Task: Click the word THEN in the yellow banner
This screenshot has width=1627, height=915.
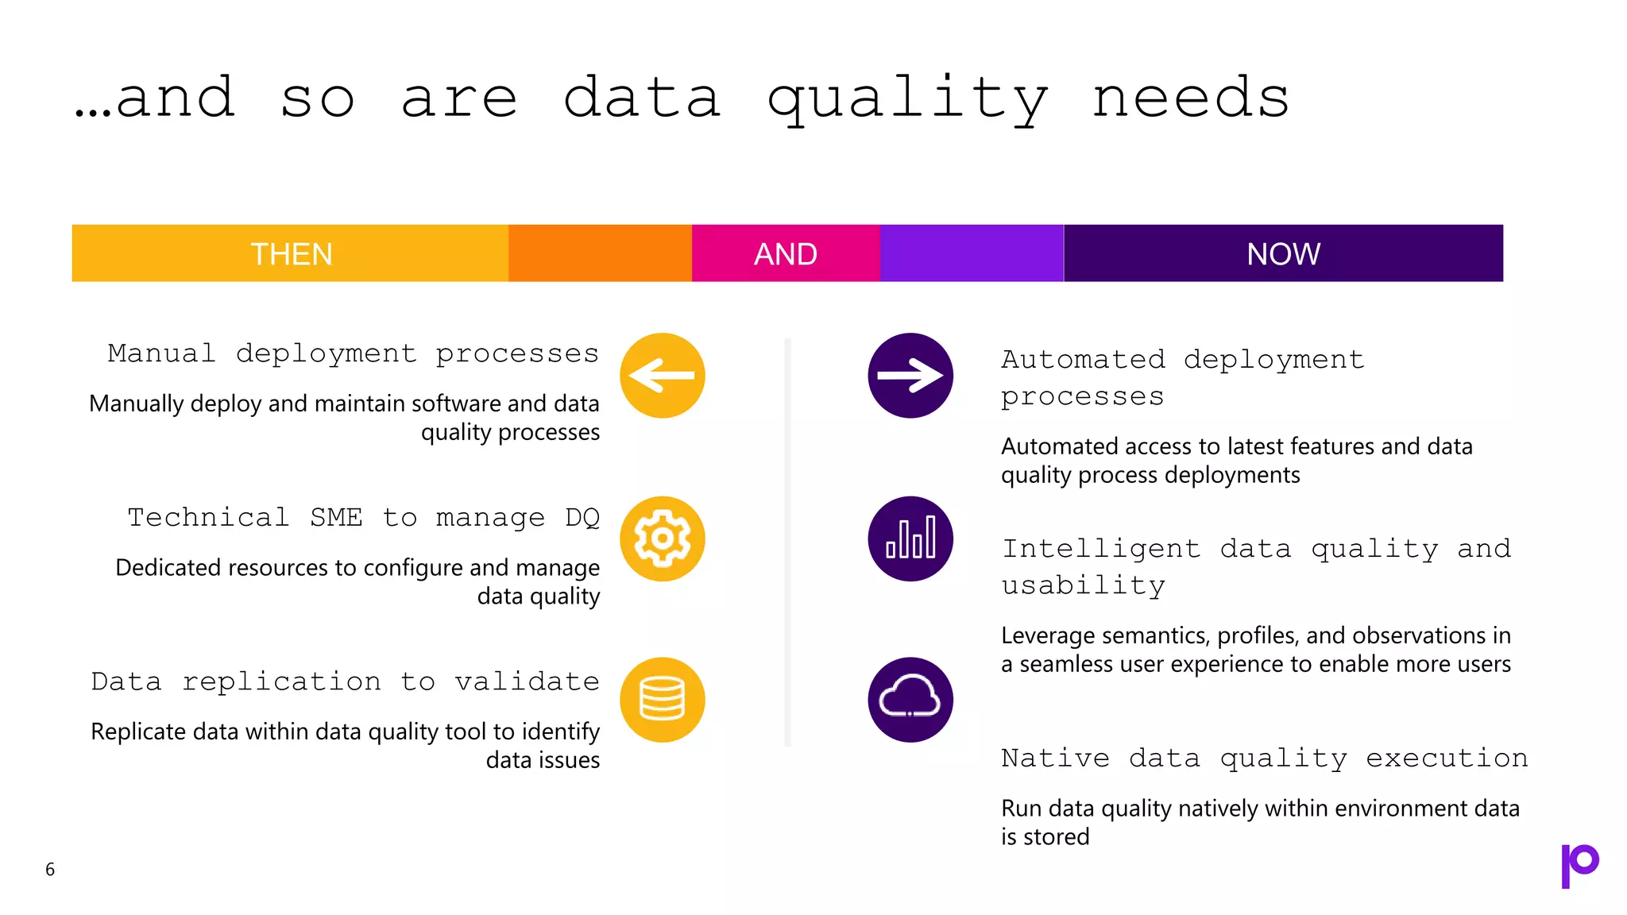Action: pos(292,254)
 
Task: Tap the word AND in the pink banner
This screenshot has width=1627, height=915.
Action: pos(785,254)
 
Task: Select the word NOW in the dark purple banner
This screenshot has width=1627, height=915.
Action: pos(1283,254)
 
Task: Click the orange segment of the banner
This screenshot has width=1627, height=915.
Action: pos(600,253)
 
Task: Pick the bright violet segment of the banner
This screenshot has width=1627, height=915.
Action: pos(971,253)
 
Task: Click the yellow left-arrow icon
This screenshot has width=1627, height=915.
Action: pos(662,376)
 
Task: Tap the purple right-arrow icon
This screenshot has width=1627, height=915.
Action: pos(910,376)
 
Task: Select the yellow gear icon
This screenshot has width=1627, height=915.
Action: pos(662,539)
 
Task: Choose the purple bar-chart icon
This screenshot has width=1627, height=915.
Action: pos(910,539)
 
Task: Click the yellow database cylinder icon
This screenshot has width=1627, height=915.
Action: pos(662,700)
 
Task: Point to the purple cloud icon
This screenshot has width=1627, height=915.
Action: pos(910,700)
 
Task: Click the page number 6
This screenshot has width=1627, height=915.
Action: pos(50,870)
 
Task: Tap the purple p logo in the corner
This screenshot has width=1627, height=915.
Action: pos(1579,865)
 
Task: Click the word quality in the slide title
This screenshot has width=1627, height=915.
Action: pos(907,99)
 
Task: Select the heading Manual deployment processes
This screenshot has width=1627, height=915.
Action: pos(353,353)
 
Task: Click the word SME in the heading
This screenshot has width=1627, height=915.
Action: pos(335,517)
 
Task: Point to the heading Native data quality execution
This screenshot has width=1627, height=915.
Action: pos(1264,758)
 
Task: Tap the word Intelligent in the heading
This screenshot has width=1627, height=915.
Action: pos(1100,548)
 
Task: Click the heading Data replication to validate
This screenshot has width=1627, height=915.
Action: pos(345,681)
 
